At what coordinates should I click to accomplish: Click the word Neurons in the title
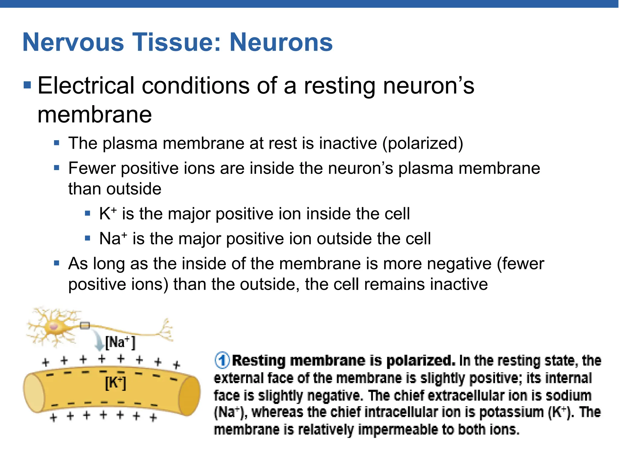[x=281, y=42]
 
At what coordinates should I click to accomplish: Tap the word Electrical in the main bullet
[x=86, y=86]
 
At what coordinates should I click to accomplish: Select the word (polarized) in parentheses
[x=423, y=143]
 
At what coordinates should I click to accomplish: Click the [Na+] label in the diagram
[x=120, y=343]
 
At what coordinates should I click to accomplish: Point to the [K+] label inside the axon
[x=115, y=383]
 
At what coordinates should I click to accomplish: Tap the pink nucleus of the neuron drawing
[x=54, y=327]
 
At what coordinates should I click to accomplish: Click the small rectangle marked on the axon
[x=85, y=326]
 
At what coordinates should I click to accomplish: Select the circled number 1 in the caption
[x=222, y=360]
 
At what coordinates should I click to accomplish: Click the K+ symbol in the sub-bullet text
[x=107, y=214]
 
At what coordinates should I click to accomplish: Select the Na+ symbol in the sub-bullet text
[x=113, y=239]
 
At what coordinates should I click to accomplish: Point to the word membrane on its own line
[x=95, y=115]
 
